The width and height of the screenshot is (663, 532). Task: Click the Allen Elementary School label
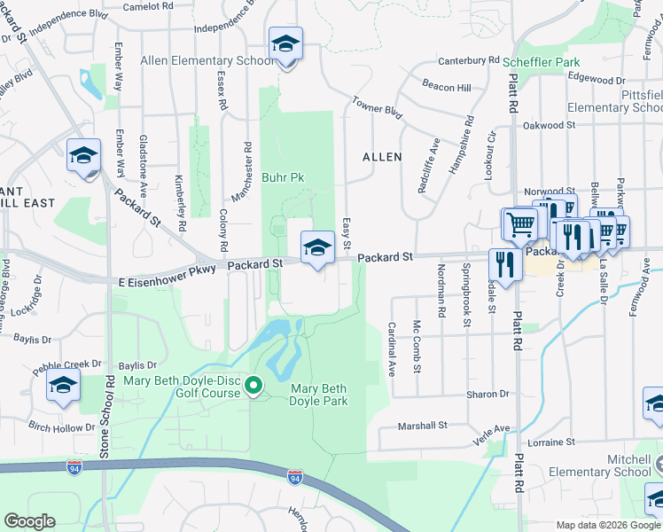[207, 61]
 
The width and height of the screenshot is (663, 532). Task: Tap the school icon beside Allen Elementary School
[285, 43]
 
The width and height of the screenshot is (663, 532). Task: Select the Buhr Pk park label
[283, 177]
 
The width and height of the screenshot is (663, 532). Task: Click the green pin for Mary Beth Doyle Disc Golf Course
[253, 385]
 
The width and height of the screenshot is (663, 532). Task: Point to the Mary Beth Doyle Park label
[317, 395]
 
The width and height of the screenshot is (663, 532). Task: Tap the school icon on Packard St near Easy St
[317, 247]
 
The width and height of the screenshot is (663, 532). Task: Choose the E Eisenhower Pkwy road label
[168, 280]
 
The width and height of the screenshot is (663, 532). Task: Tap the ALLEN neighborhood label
[382, 157]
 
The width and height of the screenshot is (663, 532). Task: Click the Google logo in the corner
[29, 521]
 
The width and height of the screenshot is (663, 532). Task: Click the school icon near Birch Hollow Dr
[63, 386]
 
